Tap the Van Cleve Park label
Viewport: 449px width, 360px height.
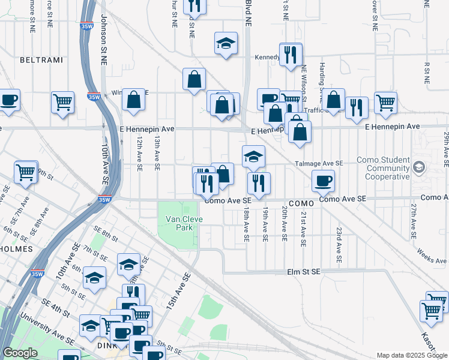[181, 223]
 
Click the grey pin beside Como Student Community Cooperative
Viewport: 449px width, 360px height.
[419, 168]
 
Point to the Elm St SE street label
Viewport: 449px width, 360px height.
[304, 271]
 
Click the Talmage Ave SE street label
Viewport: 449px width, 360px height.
[318, 163]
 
